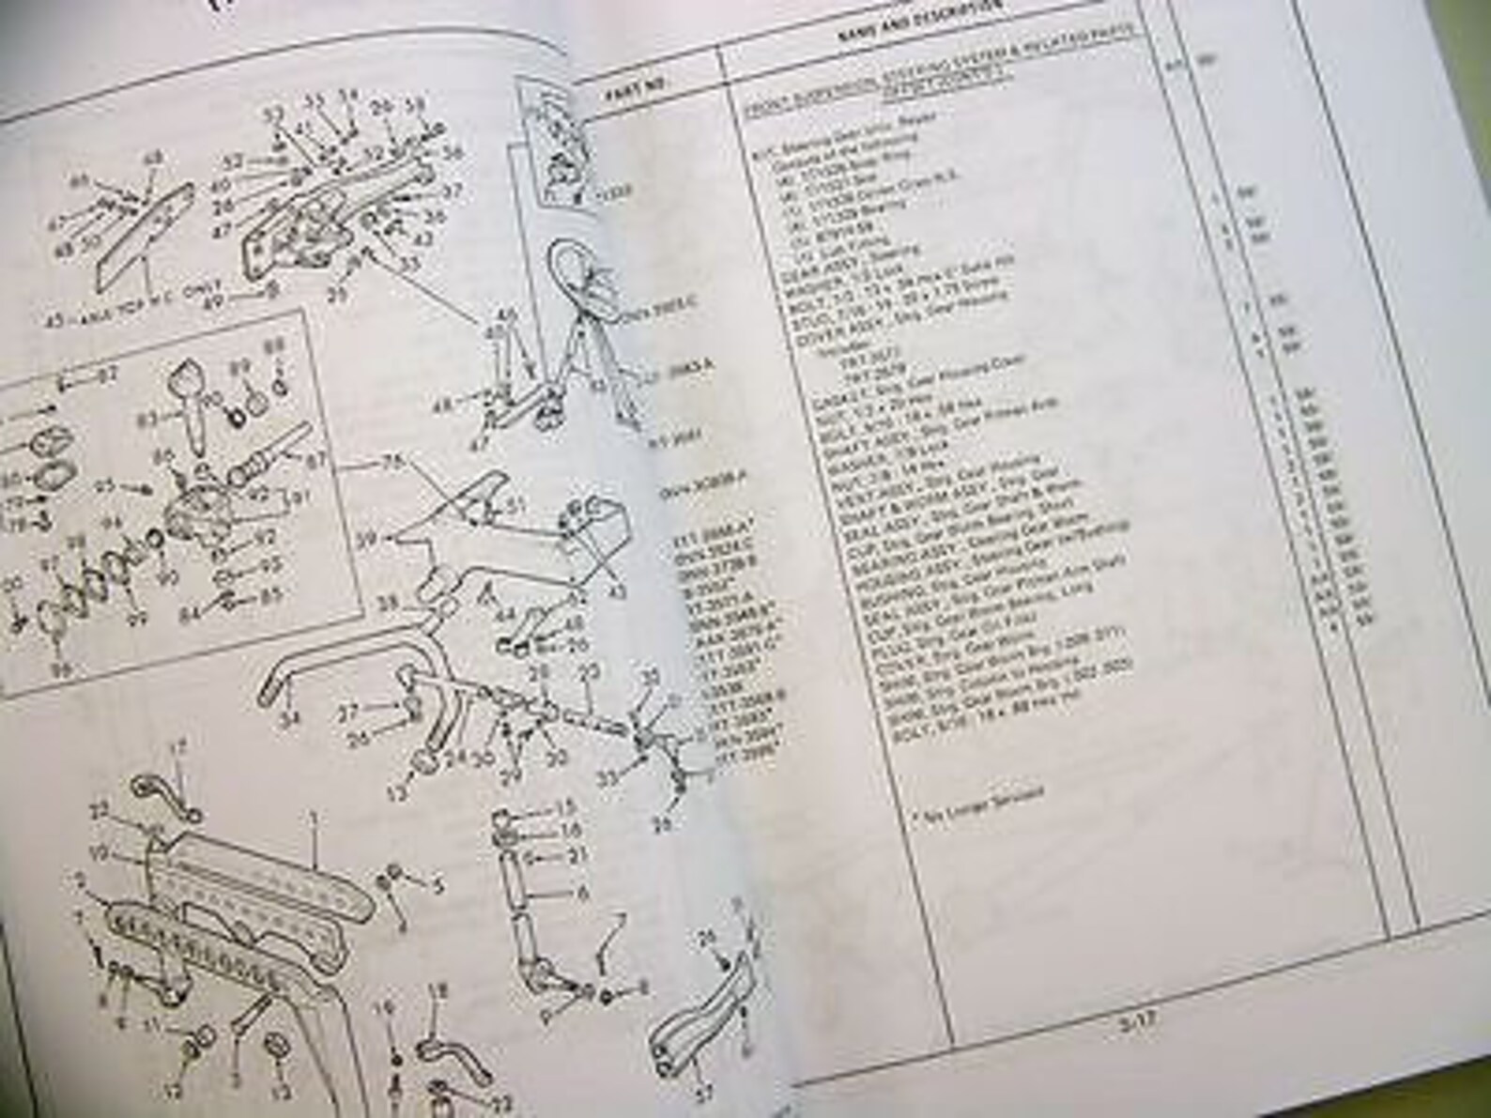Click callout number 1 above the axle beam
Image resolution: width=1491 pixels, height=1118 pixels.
coord(314,819)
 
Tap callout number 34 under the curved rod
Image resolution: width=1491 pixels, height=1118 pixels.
coord(295,721)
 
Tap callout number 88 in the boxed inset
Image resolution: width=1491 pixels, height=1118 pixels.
coord(274,346)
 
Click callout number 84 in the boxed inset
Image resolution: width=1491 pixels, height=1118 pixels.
coord(192,616)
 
